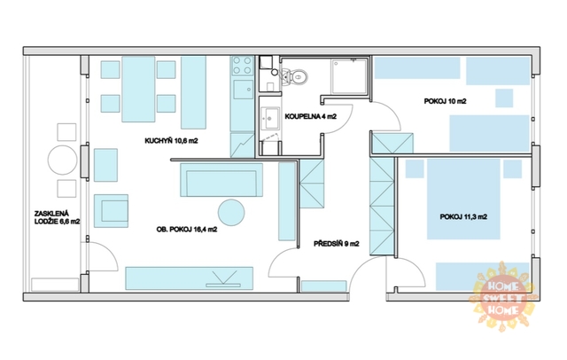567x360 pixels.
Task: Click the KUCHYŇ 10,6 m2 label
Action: pyautogui.click(x=171, y=141)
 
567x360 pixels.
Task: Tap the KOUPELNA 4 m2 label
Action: pyautogui.click(x=311, y=116)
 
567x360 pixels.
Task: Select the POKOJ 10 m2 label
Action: pyautogui.click(x=445, y=101)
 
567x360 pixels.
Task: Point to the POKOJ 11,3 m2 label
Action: pyautogui.click(x=463, y=216)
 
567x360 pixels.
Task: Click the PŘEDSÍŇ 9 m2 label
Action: pyautogui.click(x=337, y=244)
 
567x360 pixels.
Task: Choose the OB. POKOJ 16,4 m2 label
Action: pyautogui.click(x=187, y=230)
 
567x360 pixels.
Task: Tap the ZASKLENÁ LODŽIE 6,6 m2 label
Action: pyautogui.click(x=57, y=218)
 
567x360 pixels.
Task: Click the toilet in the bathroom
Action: pyautogui.click(x=295, y=77)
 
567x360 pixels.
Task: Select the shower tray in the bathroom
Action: pyautogui.click(x=349, y=77)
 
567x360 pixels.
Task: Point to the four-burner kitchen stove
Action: pyautogui.click(x=242, y=66)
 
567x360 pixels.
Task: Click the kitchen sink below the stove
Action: pyautogui.click(x=243, y=90)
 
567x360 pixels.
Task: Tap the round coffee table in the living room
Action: pyautogui.click(x=231, y=213)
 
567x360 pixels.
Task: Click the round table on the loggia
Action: pyautogui.click(x=63, y=160)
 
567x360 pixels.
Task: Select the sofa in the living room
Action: pyautogui.click(x=221, y=180)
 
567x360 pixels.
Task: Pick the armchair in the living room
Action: pyautogui.click(x=111, y=211)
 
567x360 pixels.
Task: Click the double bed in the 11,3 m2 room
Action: pyautogui.click(x=463, y=199)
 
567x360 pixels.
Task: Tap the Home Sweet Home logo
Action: pyautogui.click(x=503, y=297)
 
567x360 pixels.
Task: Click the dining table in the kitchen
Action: pyautogui.click(x=138, y=89)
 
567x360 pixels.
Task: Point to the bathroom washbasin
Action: pyautogui.click(x=269, y=118)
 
